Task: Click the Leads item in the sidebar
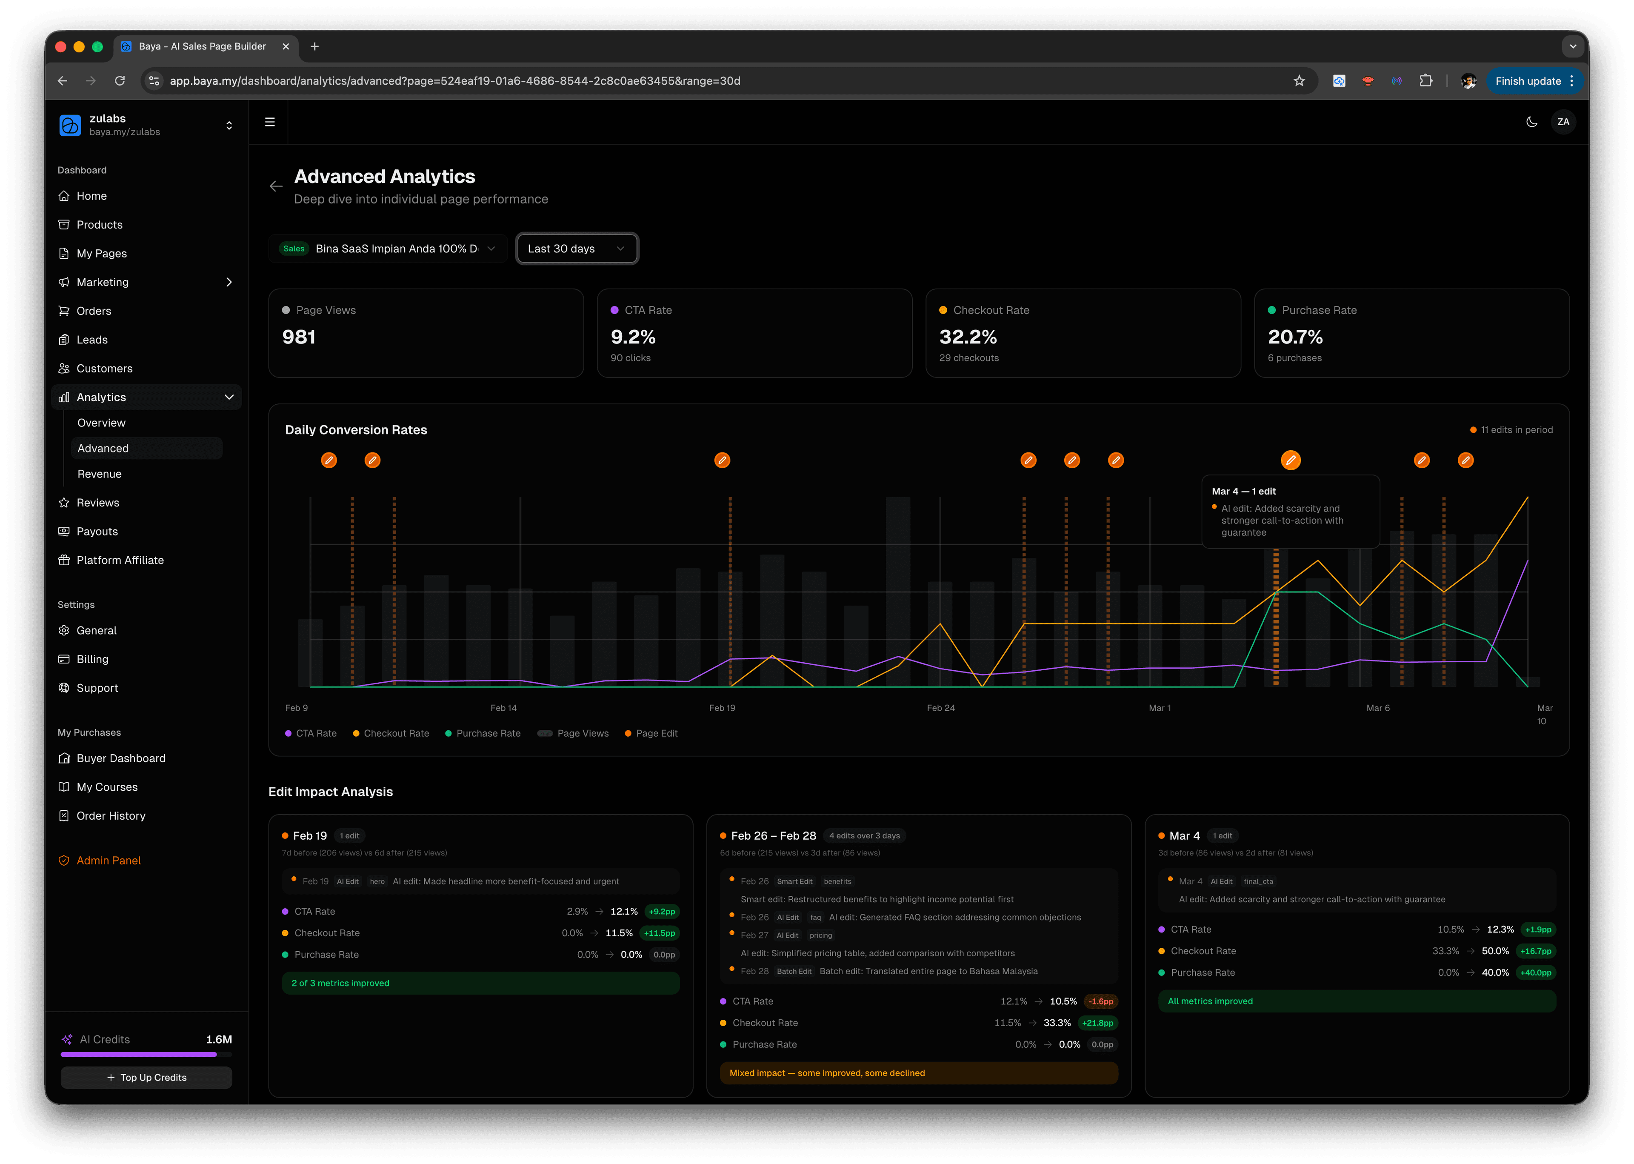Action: tap(92, 340)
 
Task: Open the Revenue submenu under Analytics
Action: tap(100, 474)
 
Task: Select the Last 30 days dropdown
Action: tap(576, 249)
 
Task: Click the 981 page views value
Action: tap(299, 337)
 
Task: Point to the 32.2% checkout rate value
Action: tap(968, 337)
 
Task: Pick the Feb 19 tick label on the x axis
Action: tap(722, 708)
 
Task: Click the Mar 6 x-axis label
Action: tap(1377, 708)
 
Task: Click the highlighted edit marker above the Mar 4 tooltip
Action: tap(1290, 460)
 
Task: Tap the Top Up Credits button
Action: tap(146, 1077)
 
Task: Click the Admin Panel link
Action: tap(108, 860)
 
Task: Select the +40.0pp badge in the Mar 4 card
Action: tap(1535, 972)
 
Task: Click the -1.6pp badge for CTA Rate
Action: tap(1101, 1001)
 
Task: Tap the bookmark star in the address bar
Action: tap(1299, 81)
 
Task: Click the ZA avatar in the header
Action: tap(1563, 122)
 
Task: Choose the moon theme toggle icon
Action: tap(1531, 122)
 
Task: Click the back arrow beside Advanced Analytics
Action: tap(276, 186)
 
